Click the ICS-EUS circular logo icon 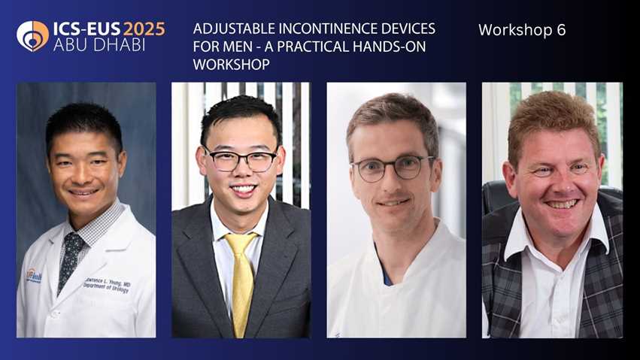32,36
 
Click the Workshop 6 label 522,30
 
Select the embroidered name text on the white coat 107,286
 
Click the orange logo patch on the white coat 34,276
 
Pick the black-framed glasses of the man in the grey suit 241,159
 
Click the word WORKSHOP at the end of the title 231,65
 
